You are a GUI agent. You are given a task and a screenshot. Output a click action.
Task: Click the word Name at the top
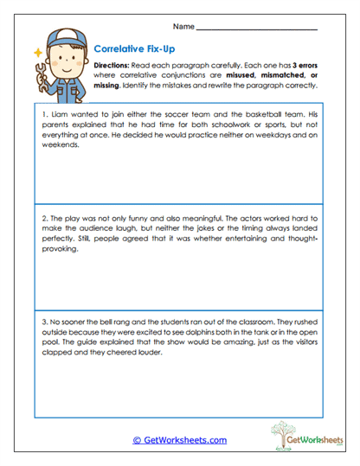[x=184, y=26]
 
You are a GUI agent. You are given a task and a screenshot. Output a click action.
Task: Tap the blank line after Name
[x=257, y=29]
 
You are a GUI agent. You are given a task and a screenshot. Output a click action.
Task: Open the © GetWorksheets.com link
[x=179, y=440]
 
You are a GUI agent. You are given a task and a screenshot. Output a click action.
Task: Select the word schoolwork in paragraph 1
[x=227, y=124]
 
